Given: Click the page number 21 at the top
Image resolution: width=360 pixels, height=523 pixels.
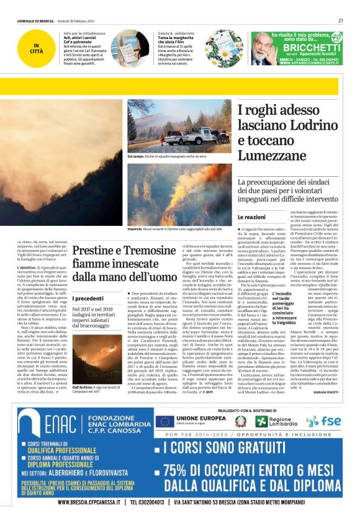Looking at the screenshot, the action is [341, 20].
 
